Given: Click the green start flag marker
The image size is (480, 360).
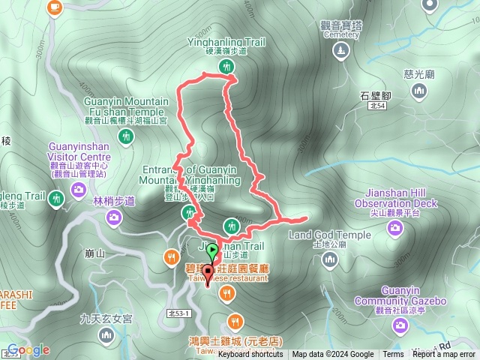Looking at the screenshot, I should [x=213, y=250].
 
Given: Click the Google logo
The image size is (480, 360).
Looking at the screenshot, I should [x=28, y=349].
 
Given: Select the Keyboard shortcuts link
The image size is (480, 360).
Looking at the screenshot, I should [x=250, y=355].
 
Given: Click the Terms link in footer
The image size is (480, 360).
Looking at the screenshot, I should [x=393, y=355].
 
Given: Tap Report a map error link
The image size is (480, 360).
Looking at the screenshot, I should [x=444, y=355].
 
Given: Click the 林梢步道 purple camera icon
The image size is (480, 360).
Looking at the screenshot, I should [x=113, y=217].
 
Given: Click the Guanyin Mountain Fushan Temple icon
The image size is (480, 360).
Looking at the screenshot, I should [x=126, y=136].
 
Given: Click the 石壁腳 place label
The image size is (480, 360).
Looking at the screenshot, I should [x=376, y=95].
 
